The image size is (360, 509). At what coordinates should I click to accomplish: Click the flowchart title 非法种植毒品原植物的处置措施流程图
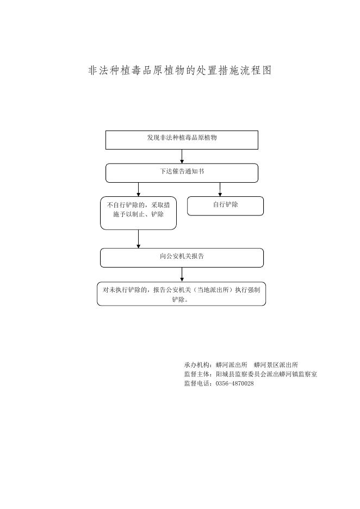click(180, 70)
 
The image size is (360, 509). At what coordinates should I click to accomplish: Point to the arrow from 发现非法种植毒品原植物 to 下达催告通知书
click(182, 157)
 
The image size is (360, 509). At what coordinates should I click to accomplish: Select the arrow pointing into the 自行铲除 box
click(220, 190)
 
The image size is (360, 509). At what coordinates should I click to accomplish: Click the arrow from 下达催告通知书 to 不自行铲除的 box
click(139, 190)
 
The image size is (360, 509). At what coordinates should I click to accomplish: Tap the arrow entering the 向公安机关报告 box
click(139, 239)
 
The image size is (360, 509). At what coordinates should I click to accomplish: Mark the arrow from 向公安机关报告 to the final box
click(182, 275)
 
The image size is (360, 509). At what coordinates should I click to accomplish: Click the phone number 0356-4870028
click(235, 383)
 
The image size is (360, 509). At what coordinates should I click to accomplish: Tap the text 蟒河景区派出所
click(276, 365)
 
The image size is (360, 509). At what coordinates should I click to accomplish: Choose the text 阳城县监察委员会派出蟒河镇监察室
click(266, 374)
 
